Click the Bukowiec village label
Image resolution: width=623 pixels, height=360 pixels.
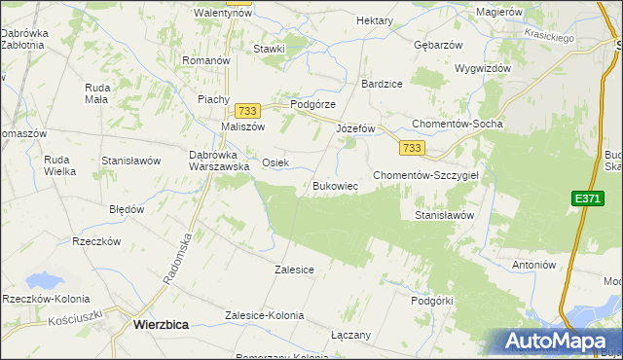pyautogui.click(x=336, y=186)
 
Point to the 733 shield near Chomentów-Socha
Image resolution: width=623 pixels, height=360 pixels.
pyautogui.click(x=411, y=148)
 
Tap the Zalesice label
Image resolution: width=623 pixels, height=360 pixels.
pyautogui.click(x=294, y=270)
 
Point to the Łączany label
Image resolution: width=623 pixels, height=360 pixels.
pyautogui.click(x=350, y=335)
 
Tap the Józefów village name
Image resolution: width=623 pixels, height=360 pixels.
pyautogui.click(x=355, y=128)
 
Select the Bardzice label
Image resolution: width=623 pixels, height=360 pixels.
pyautogui.click(x=381, y=84)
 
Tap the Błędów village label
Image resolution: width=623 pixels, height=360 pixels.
pyautogui.click(x=127, y=209)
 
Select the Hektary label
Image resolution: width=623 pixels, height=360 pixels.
pyautogui.click(x=375, y=20)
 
